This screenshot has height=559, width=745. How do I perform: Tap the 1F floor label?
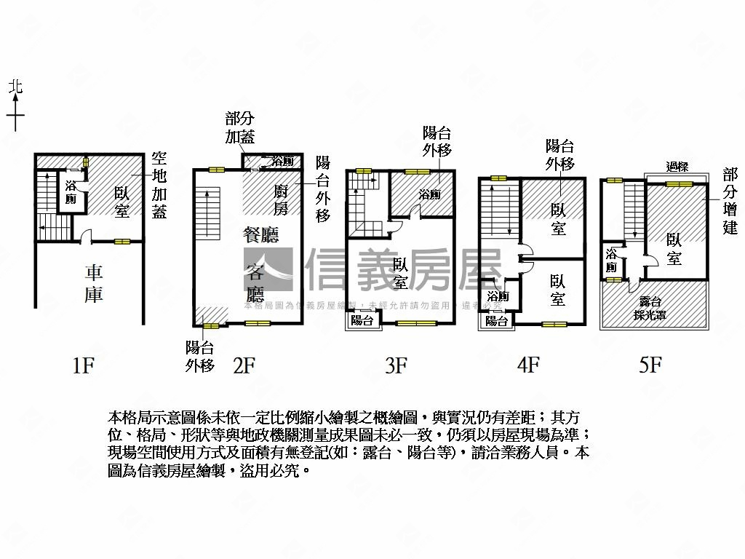[x=84, y=365]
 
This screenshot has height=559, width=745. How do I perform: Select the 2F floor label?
[x=243, y=365]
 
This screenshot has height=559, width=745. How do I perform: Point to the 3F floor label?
[x=396, y=365]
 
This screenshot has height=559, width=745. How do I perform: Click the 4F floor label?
[x=527, y=365]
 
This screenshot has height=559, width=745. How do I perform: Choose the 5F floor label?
[x=650, y=365]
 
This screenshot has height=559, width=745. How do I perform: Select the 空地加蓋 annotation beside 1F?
[x=159, y=185]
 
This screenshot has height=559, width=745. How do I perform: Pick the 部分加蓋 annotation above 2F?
[x=240, y=128]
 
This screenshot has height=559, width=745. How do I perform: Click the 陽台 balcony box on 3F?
[x=362, y=320]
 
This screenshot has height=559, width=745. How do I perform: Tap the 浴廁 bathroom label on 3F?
[x=429, y=194]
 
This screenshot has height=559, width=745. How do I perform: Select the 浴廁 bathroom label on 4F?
[x=498, y=296]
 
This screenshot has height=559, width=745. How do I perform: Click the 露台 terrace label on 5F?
[x=650, y=300]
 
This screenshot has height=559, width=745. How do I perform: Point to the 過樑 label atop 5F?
[x=677, y=167]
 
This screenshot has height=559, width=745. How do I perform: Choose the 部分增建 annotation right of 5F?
[x=730, y=200]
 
